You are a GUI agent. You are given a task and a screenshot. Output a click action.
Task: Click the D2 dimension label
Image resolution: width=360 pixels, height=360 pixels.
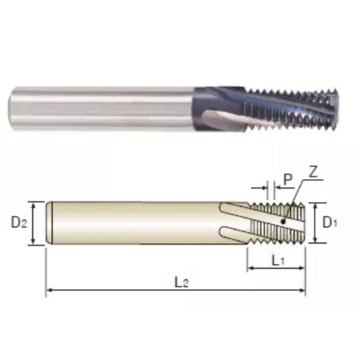click(x=19, y=222)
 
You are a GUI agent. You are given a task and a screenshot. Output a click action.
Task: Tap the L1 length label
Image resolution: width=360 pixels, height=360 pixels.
click(x=278, y=261)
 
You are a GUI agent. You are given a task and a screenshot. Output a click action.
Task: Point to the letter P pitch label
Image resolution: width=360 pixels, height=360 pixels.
click(x=288, y=179)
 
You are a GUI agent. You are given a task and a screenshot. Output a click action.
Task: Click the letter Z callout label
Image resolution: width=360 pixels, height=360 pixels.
click(x=313, y=172)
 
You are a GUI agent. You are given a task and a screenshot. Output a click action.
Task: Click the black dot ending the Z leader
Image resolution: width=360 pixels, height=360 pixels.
click(x=283, y=221)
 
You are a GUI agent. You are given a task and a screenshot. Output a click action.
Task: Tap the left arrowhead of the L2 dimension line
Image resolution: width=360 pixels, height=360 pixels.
click(x=49, y=290)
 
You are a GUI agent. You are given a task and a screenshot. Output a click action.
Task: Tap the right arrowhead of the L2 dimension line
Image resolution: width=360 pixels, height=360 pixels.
click(x=302, y=290)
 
